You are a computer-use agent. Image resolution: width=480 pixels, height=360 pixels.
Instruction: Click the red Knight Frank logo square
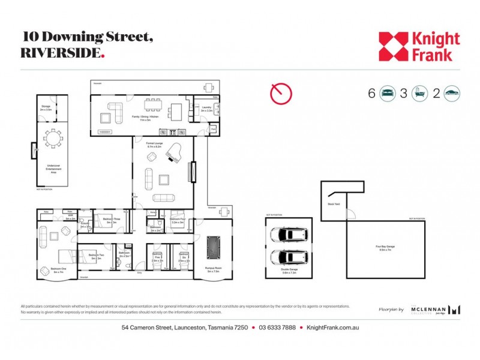(394, 46)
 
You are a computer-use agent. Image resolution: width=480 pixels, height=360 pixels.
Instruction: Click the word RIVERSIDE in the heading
(60, 52)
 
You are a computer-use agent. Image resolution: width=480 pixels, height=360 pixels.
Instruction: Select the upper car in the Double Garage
(289, 235)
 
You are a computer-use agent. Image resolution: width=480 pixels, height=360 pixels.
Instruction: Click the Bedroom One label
(58, 270)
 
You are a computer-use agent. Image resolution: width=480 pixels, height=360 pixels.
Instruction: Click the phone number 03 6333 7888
(278, 328)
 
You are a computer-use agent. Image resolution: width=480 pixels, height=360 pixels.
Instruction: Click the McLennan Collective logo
(436, 310)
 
